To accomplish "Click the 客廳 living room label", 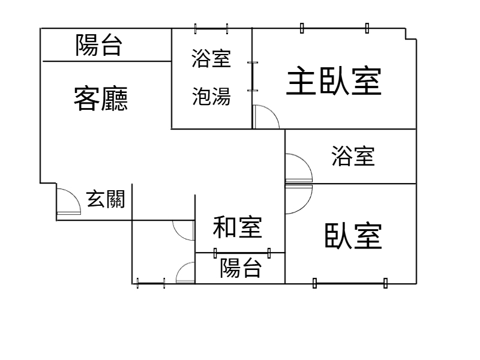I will (100, 98).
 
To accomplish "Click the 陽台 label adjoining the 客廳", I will (99, 46).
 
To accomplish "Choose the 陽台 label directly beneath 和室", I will (241, 268).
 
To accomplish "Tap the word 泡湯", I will (211, 96).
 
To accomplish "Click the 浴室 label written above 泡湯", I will (211, 59).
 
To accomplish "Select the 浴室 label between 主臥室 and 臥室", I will (353, 156).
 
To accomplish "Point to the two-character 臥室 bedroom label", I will (353, 236).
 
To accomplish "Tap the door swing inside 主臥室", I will (266, 117).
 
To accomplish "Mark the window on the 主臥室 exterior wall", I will (335, 28).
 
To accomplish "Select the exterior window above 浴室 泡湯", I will (212, 28).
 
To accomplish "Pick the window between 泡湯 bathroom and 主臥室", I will (253, 76).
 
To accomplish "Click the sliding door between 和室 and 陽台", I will (241, 253).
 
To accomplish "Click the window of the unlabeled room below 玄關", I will (151, 283).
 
